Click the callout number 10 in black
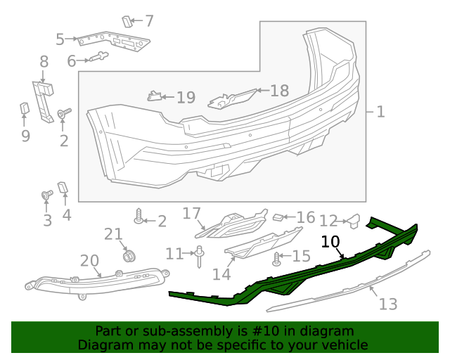click(330, 243)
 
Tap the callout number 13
click(388, 304)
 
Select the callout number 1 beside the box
click(380, 112)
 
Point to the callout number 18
click(279, 91)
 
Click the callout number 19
click(186, 98)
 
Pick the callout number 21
click(113, 234)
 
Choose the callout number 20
click(89, 262)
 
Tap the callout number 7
click(148, 21)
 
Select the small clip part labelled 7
click(127, 22)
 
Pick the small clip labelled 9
click(23, 108)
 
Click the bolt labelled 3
click(47, 195)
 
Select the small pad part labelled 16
click(278, 218)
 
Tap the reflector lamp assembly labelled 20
click(98, 283)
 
